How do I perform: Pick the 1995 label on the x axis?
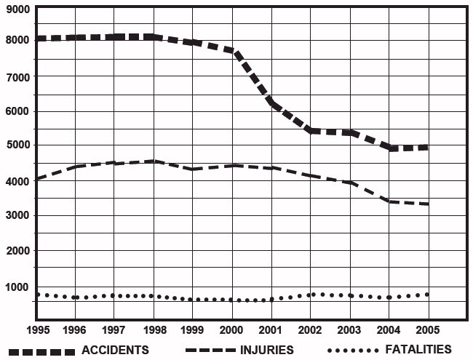click(36, 329)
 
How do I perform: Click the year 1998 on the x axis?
click(154, 329)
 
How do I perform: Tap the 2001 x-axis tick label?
click(271, 329)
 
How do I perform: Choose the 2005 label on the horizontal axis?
click(427, 329)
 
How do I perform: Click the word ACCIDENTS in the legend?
click(116, 350)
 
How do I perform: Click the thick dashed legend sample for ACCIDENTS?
click(39, 351)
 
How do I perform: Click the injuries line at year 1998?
click(154, 161)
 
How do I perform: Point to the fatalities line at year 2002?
click(310, 295)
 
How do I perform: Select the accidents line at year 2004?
click(389, 147)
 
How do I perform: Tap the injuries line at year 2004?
click(389, 201)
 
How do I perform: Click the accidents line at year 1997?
click(114, 36)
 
